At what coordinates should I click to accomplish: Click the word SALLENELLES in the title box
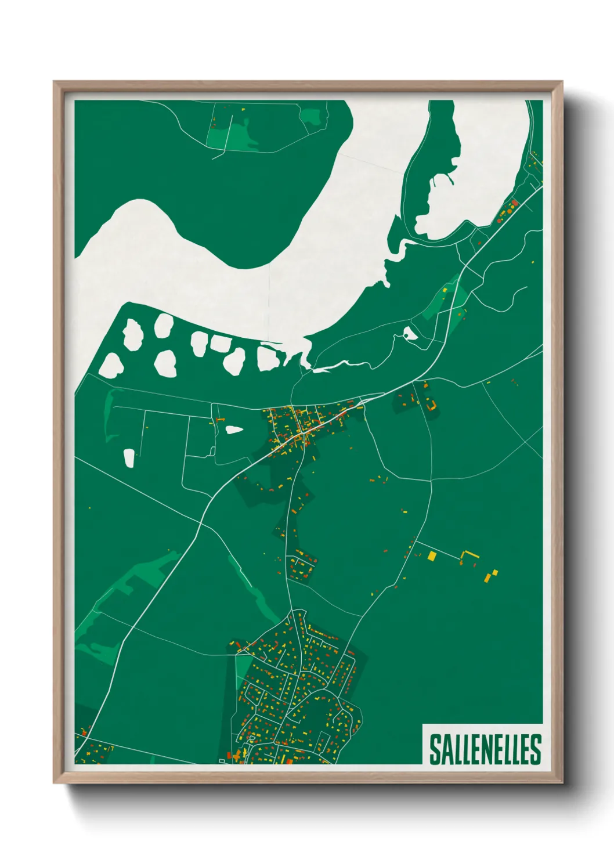pos(485,749)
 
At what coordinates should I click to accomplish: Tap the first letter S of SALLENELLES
pos(435,749)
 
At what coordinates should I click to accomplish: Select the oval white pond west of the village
pos(233,429)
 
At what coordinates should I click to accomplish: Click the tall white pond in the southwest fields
pos(129,458)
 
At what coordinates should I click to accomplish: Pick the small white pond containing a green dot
pos(410,333)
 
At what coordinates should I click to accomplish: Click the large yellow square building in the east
pos(432,556)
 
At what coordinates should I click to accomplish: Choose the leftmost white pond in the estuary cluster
pos(110,365)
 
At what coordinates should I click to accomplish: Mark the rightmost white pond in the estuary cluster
pos(268,358)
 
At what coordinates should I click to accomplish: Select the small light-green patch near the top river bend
pos(312,116)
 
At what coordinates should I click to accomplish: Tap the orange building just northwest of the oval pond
pos(219,419)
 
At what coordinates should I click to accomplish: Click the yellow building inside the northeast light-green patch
pos(445,290)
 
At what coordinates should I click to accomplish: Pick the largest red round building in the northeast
pos(514,203)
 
